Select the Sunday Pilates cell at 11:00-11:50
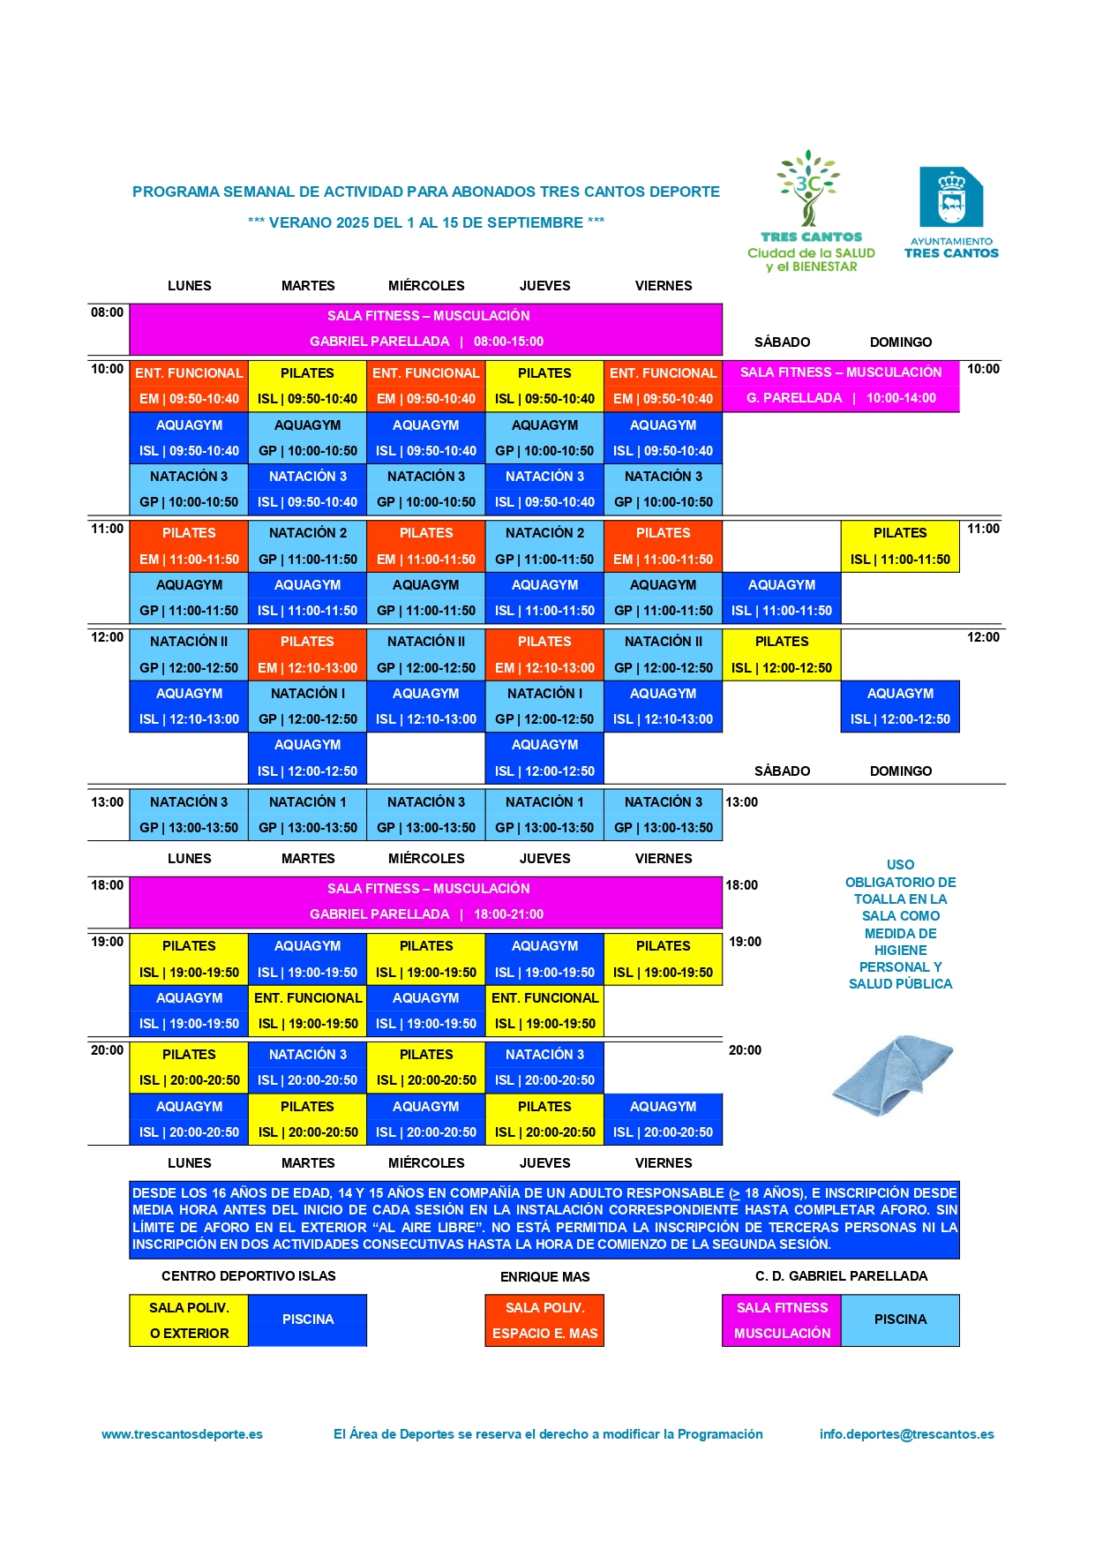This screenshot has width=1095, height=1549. coord(900,546)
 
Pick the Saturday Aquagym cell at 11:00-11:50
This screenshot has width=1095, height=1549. coord(781,598)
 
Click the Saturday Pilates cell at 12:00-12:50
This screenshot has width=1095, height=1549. coord(781,654)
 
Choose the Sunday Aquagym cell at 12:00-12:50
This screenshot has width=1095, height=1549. coord(900,706)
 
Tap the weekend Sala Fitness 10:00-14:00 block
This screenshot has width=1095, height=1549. coord(840,386)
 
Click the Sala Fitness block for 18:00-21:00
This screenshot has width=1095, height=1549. coord(426,901)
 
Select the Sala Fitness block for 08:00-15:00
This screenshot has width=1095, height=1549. coord(426,328)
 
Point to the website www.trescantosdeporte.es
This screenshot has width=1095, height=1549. coord(182,1434)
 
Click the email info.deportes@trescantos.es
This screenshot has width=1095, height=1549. coord(906,1434)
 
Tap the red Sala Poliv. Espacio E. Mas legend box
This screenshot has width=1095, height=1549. coord(544,1320)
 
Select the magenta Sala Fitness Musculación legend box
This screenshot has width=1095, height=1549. coord(782,1320)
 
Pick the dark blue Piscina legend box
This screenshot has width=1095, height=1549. coord(307,1320)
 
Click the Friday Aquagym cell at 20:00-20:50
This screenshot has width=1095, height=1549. coord(663,1119)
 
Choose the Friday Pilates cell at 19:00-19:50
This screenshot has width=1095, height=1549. coord(663,959)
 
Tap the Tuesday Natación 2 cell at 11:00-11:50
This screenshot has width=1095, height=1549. coord(307,546)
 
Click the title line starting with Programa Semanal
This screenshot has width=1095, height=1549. coord(426,192)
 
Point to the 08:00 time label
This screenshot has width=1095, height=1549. coord(108,312)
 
